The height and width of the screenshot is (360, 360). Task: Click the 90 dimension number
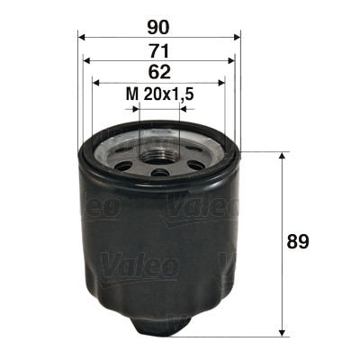point(159,27)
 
